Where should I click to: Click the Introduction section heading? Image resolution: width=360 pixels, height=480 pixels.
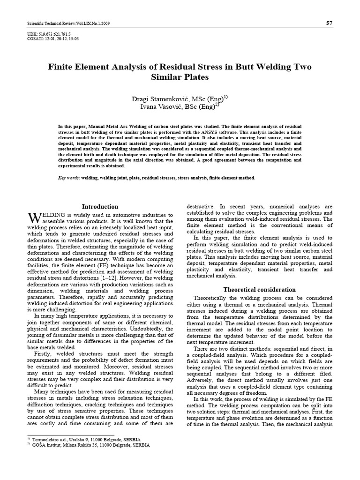(x=100, y=207)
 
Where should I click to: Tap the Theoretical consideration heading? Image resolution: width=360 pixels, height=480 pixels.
(x=259, y=290)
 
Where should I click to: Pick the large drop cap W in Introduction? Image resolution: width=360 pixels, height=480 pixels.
(x=34, y=217)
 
